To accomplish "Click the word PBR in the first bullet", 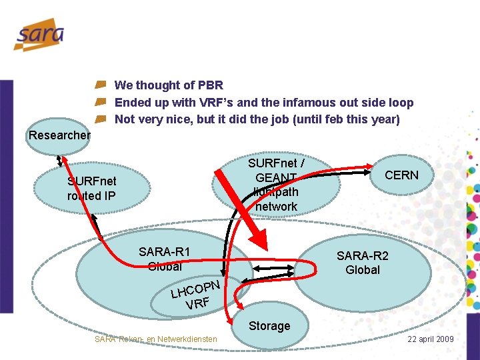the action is (210, 85).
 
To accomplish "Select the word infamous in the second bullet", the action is (316, 103).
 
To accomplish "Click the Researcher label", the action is (59, 135).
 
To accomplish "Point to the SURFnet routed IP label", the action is (91, 189).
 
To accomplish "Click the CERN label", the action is (401, 175).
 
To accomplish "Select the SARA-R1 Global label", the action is (165, 259).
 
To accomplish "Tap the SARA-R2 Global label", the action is (363, 263).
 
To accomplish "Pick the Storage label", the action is (269, 326).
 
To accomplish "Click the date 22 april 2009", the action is (431, 339).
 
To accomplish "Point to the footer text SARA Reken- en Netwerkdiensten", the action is (156, 339).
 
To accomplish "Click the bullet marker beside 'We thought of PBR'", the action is (100, 85).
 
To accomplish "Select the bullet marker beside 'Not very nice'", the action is (100, 120).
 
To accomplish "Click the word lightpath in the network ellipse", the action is (276, 191).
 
